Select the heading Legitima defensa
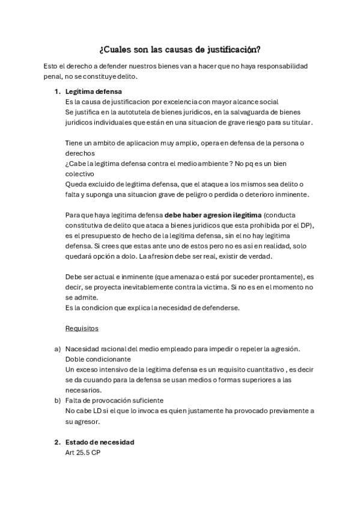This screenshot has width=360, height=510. point(93,91)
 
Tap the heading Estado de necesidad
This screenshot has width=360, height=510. point(100,442)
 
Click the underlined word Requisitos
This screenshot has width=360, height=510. point(82,329)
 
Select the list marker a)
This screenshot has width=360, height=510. point(58,349)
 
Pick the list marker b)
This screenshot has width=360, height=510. point(58,400)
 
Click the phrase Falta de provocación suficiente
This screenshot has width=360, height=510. point(115,400)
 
